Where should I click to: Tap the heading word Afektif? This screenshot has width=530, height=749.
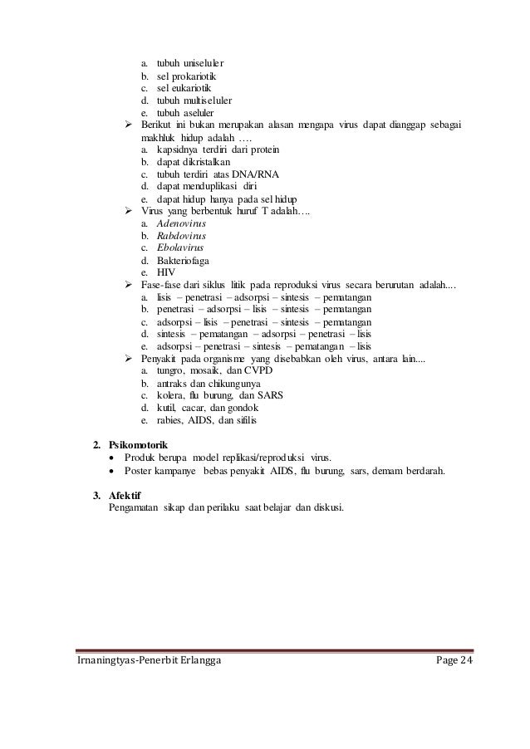pos(125,496)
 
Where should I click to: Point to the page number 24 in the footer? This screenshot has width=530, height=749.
pos(474,659)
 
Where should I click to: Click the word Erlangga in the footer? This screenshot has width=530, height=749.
pos(191,659)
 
